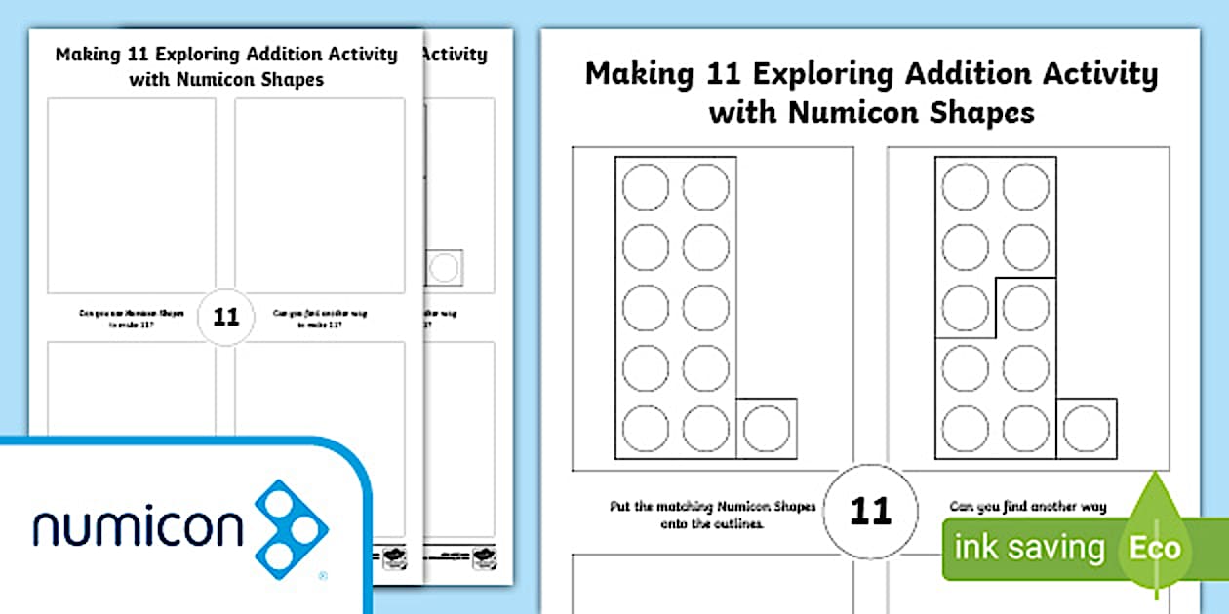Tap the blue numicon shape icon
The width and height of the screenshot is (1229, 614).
(x=292, y=524)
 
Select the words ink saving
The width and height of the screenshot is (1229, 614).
(x=1029, y=548)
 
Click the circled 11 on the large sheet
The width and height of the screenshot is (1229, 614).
(x=870, y=511)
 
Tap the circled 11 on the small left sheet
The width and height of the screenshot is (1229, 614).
(x=225, y=317)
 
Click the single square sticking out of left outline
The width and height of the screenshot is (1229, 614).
(x=767, y=428)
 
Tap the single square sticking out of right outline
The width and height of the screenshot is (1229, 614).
(x=1086, y=428)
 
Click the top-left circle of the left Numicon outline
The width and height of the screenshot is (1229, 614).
(x=646, y=187)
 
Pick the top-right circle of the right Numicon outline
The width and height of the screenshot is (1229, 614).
(x=1025, y=187)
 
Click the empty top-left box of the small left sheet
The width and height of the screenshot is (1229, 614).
(x=132, y=195)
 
